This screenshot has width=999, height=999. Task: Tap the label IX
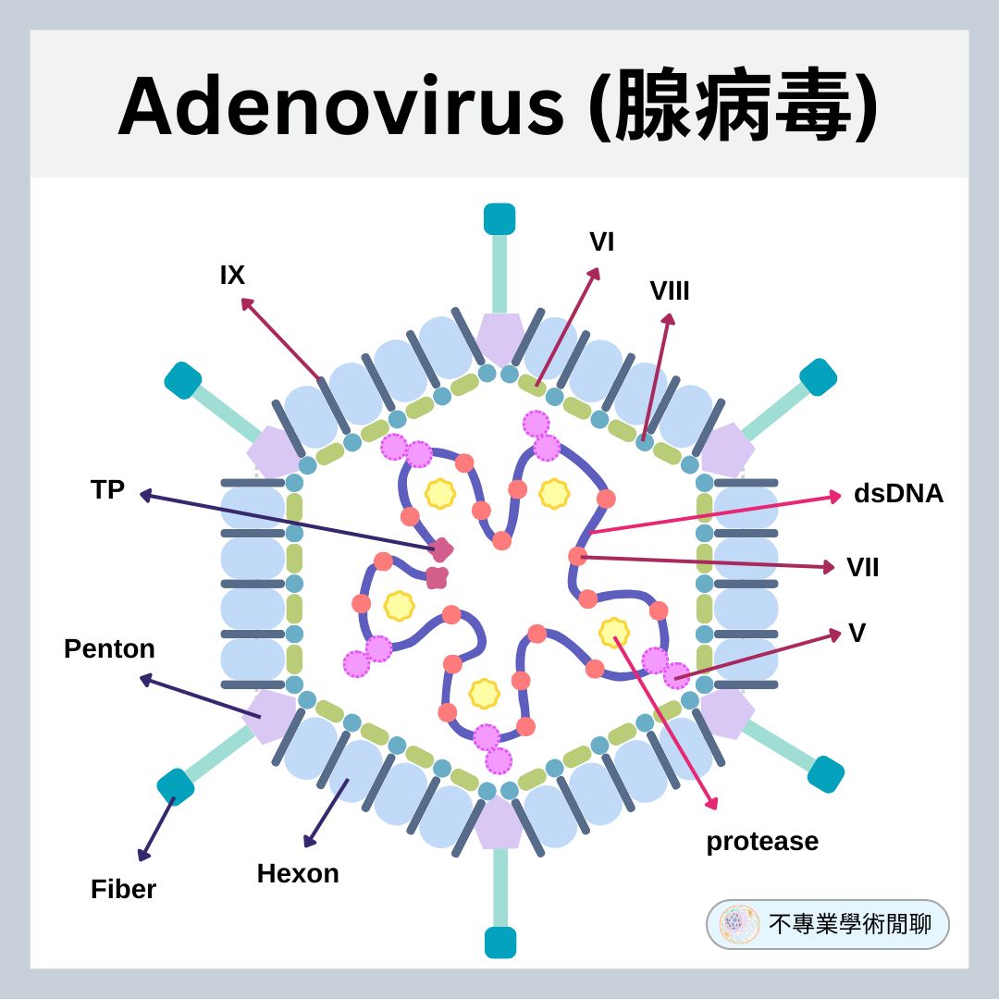point(232,275)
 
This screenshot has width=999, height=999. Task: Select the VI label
point(601,242)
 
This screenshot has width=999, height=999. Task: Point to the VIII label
point(670,290)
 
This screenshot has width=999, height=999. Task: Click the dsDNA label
point(898,494)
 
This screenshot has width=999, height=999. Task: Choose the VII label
point(862,567)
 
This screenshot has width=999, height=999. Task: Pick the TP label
point(107,490)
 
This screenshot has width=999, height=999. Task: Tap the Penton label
point(109,649)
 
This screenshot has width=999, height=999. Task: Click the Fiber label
point(123,889)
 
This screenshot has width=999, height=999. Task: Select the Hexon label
point(298,873)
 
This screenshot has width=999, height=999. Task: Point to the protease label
point(762,842)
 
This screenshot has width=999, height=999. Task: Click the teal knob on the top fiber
point(499,219)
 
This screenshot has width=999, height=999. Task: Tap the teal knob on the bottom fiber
point(499,942)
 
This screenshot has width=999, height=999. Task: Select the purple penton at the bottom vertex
point(499,821)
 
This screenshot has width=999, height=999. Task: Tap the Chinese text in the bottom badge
point(849,924)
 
